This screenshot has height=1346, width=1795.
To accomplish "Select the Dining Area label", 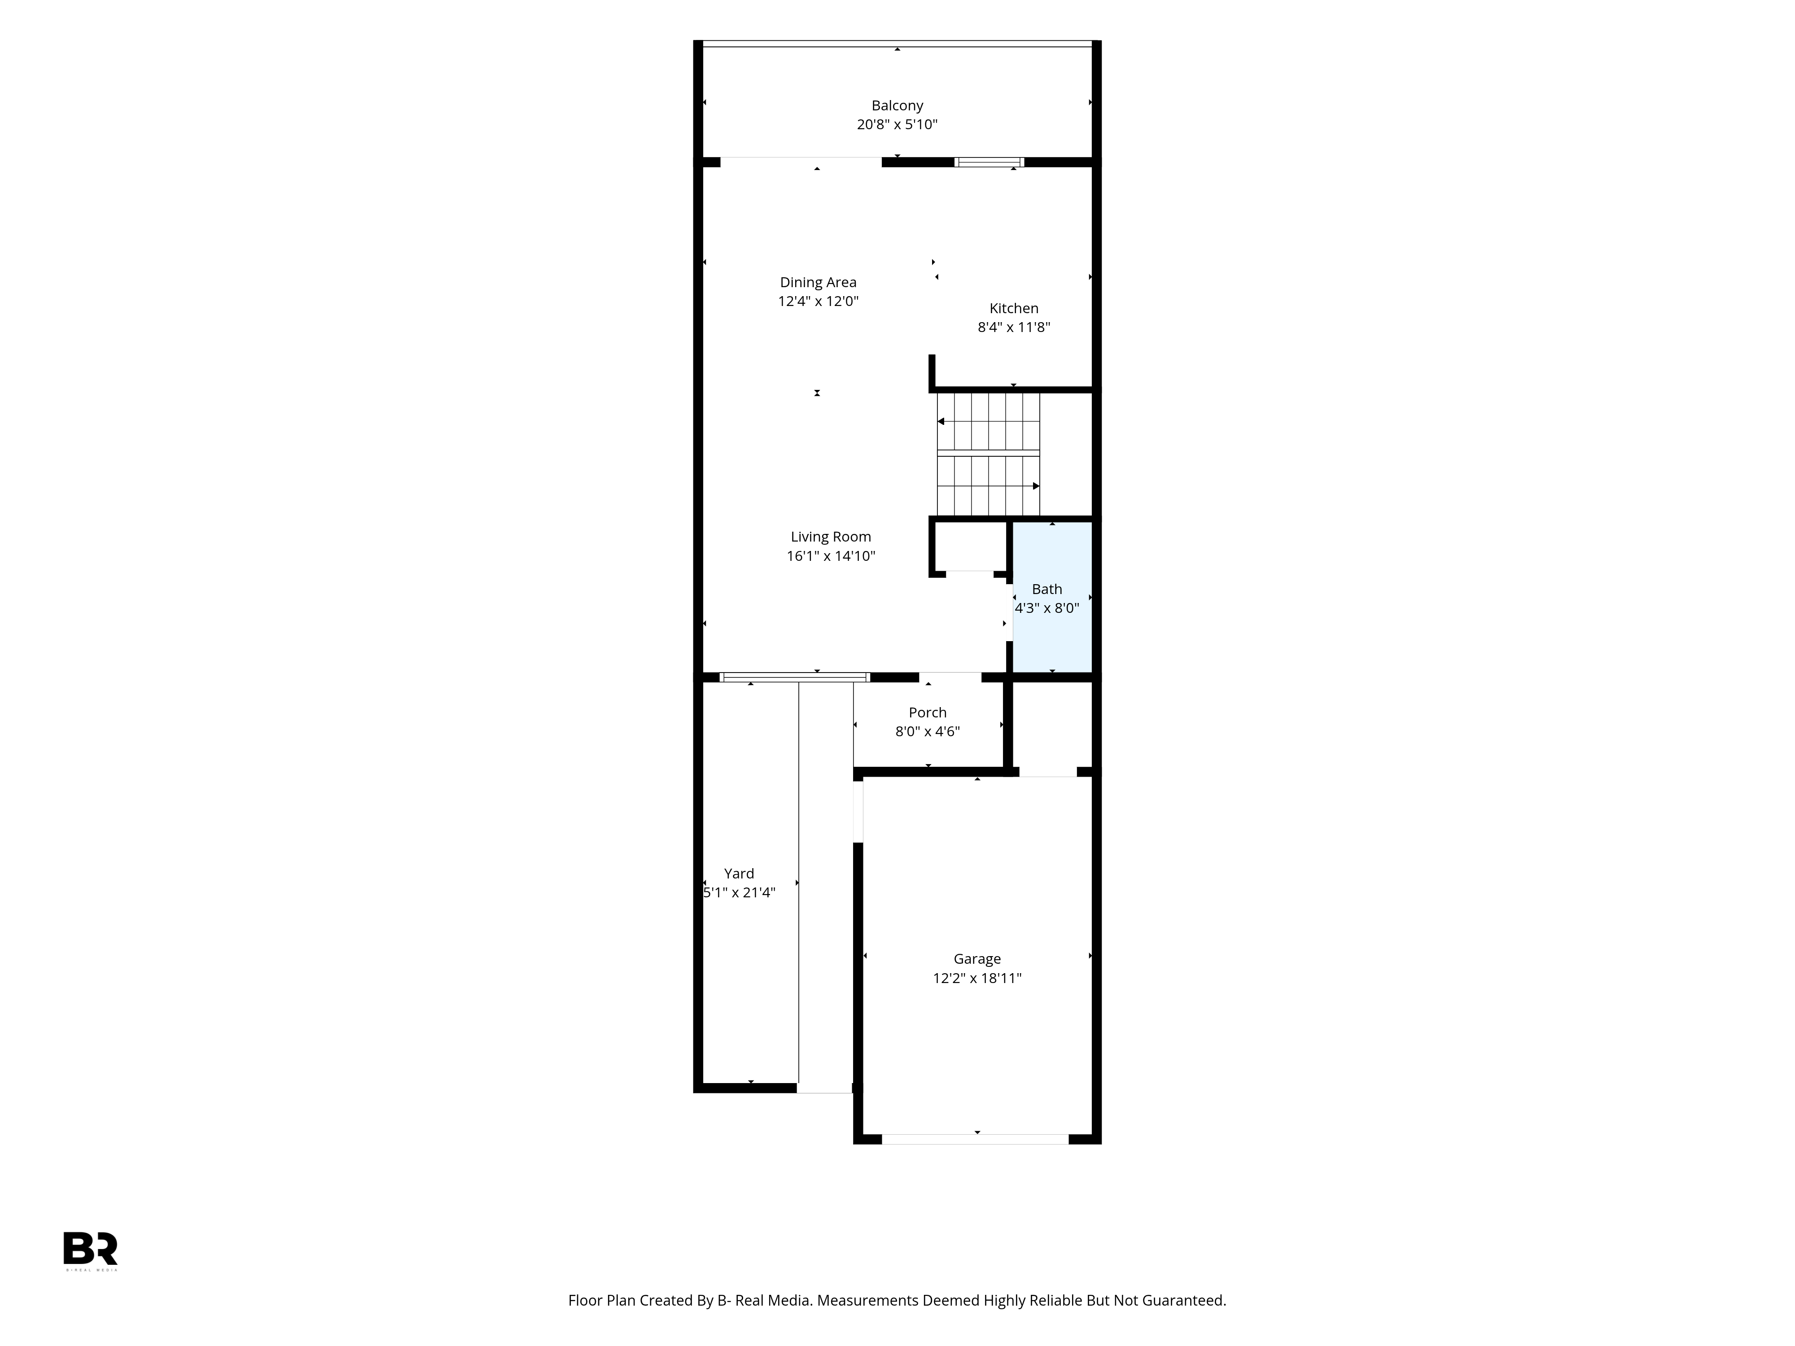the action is [818, 282].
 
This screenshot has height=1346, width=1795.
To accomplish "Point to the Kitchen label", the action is [1014, 308].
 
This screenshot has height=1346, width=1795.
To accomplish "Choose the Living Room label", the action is [831, 537].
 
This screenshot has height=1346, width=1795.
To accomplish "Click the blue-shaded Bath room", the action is [1052, 597].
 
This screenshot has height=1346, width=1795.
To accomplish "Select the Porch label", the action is [928, 712].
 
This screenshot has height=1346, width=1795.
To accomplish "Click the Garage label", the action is [977, 959].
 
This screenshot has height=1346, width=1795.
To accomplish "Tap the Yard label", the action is [739, 874].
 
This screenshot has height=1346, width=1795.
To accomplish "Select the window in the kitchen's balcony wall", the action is [989, 162].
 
